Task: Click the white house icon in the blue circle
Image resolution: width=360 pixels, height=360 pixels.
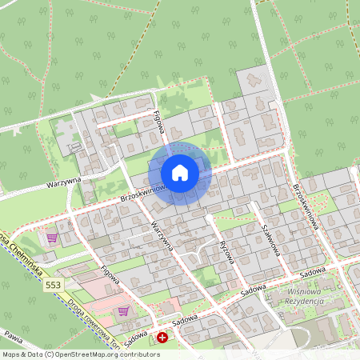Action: tap(180, 172)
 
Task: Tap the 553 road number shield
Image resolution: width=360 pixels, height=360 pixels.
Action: tap(54, 285)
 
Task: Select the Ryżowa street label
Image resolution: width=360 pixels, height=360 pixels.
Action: tap(227, 253)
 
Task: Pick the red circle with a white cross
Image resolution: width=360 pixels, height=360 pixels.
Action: tap(163, 338)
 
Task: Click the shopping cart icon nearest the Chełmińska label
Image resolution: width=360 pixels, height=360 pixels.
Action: tap(52, 238)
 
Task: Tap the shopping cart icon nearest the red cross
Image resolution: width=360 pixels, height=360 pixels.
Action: tap(123, 311)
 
